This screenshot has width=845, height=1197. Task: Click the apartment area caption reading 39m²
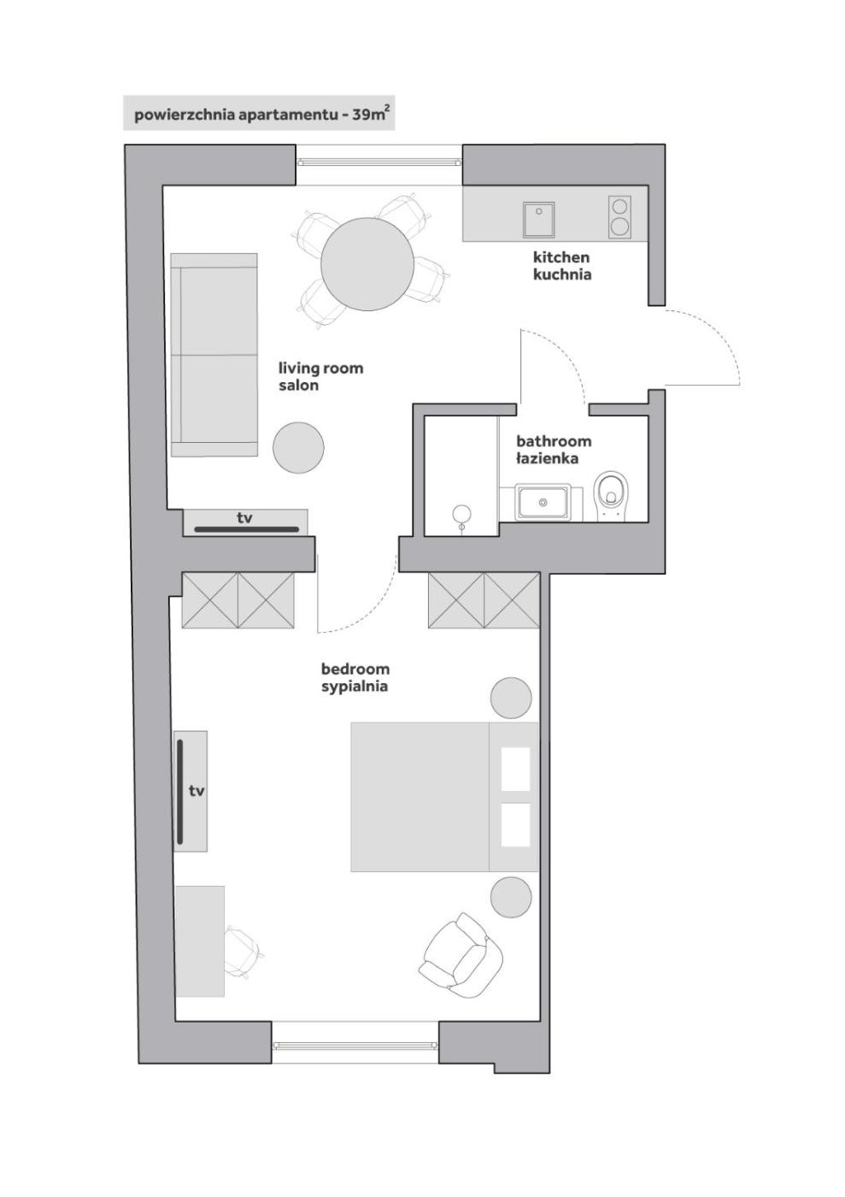(369, 114)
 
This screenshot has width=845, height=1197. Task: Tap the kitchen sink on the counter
(538, 219)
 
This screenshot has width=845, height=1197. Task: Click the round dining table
(367, 264)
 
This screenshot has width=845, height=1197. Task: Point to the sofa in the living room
(214, 355)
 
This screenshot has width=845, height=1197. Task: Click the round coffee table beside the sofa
(298, 447)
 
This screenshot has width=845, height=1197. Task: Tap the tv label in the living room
(244, 517)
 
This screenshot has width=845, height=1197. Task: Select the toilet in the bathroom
(611, 495)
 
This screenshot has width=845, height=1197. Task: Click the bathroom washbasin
(543, 502)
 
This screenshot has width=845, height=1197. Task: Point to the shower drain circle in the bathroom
(461, 514)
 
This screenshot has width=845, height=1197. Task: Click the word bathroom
(554, 441)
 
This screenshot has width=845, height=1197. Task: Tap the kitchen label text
(562, 257)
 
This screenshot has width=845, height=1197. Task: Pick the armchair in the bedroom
(462, 955)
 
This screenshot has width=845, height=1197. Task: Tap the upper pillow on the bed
(515, 769)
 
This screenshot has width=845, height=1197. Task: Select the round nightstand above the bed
(511, 698)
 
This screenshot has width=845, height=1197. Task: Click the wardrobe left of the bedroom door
(238, 600)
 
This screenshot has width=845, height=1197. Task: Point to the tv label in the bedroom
(197, 791)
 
